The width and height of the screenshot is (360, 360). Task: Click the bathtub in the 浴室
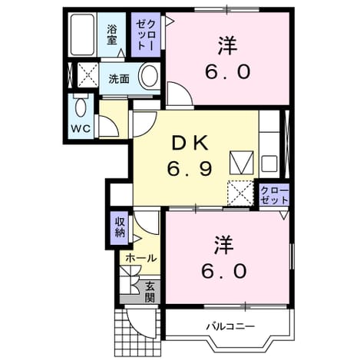coord(82,35)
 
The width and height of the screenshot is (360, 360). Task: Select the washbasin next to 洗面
coord(149,76)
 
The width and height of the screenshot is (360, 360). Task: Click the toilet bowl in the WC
coord(81,107)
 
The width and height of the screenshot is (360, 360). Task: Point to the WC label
coord(81,128)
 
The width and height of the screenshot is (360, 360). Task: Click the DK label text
coord(190,144)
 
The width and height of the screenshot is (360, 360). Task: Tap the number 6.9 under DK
coord(190,169)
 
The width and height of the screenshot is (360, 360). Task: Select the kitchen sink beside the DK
coord(269,164)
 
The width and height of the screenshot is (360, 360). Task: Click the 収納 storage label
coord(120,226)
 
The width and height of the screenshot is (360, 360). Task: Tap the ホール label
coord(141,258)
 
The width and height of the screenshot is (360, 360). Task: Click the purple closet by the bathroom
coord(146,35)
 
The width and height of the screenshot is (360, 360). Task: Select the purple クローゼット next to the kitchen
coord(274,194)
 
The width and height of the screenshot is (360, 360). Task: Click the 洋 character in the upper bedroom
coord(227,46)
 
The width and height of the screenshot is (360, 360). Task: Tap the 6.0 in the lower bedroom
coord(224,271)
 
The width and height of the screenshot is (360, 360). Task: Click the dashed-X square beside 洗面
coord(88,74)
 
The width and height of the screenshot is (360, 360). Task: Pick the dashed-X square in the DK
coord(240,193)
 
